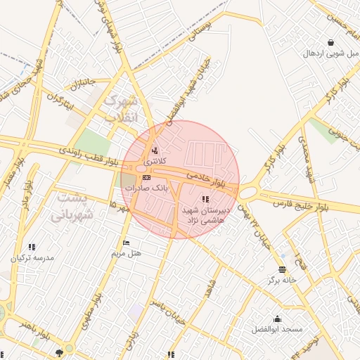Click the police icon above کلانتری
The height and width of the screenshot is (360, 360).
pyautogui.click(x=155, y=150)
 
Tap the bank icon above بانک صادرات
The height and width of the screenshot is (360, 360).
pyautogui.click(x=146, y=178)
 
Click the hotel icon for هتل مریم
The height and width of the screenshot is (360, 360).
pyautogui.click(x=126, y=243)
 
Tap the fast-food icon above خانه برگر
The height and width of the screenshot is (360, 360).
pyautogui.click(x=282, y=269)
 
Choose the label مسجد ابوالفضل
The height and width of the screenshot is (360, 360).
pyautogui.click(x=277, y=329)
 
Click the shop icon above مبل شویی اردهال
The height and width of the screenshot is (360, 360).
pyautogui.click(x=330, y=41)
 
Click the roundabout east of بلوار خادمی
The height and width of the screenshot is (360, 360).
pyautogui.click(x=247, y=191)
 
